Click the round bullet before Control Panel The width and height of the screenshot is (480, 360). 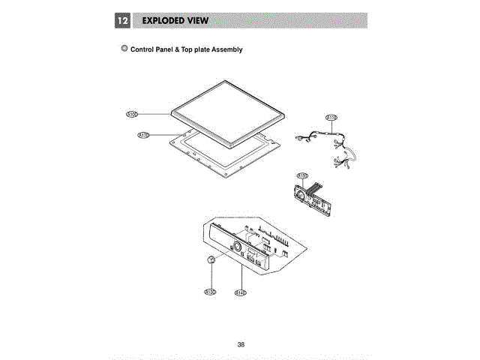(x=124, y=49)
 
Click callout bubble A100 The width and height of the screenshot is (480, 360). (x=131, y=115)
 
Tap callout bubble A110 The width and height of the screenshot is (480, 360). (x=143, y=136)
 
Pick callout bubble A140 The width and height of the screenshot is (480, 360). (x=241, y=291)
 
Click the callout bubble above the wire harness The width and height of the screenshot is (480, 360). (x=331, y=118)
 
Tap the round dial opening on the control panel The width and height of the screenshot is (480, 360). (x=235, y=248)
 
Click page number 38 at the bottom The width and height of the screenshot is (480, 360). (x=241, y=344)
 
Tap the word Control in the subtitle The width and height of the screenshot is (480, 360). (x=143, y=50)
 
